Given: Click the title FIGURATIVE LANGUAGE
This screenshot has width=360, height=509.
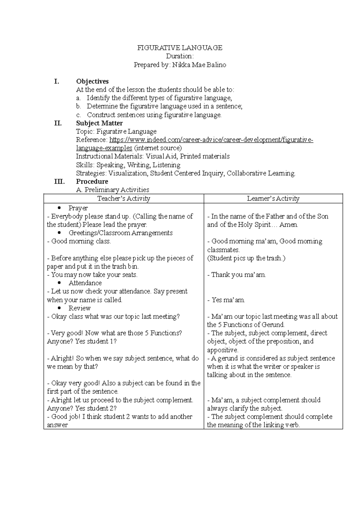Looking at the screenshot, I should point(180,48).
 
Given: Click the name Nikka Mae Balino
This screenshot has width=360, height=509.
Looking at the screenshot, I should point(199,65).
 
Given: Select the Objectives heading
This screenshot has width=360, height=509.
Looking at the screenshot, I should point(92,81).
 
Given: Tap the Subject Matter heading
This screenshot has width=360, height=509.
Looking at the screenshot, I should point(99,123).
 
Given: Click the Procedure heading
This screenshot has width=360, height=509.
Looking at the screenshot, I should point(92,181).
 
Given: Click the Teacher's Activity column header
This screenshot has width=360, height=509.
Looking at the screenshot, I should point(124,198).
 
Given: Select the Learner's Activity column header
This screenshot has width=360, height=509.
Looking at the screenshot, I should point(273,198).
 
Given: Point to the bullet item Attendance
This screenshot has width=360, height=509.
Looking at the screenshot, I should point(85,283).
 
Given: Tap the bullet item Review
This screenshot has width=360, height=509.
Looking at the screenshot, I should point(79,308).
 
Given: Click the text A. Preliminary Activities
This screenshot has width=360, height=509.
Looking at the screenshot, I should point(112,190).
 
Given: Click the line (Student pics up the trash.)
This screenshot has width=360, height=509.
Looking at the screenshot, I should point(246,258).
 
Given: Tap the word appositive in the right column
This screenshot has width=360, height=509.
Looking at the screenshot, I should point(222,350).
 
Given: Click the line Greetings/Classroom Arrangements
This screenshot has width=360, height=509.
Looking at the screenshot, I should point(120,233).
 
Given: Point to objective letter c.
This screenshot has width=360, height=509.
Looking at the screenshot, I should point(79,115).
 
